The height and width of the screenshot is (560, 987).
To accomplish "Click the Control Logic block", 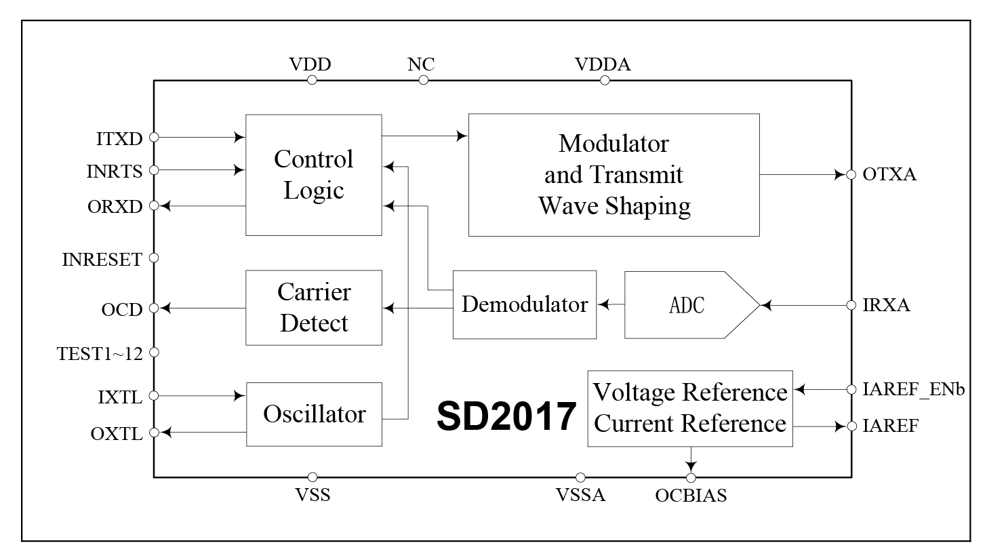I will click(x=313, y=175).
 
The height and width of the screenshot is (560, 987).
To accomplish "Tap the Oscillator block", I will click(x=313, y=414).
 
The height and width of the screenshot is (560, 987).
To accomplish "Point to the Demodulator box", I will click(x=524, y=304).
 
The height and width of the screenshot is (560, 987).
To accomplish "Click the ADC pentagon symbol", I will click(x=687, y=305).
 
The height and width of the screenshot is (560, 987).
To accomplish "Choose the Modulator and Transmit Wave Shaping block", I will click(x=613, y=175).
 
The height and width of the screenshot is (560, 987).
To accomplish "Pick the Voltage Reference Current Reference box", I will click(x=689, y=408).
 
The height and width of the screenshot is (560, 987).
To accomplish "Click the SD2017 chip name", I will click(x=506, y=416).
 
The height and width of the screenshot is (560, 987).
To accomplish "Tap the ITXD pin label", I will click(x=119, y=138).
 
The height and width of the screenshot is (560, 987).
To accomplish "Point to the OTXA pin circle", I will click(x=851, y=175).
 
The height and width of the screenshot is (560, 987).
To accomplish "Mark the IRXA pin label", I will click(x=887, y=306).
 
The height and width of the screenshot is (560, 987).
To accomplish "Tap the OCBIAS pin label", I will click(x=691, y=496).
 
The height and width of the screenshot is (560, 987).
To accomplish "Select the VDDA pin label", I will click(x=603, y=65).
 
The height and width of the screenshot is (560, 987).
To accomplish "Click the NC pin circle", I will click(x=424, y=80).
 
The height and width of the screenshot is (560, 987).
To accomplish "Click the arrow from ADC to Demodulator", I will click(x=610, y=305).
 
